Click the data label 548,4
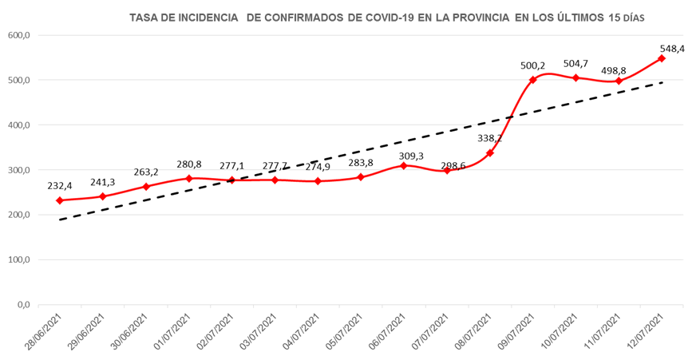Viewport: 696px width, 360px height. pos(672,49)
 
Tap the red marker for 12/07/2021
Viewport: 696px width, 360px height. pos(662,58)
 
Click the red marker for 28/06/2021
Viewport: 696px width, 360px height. pos(60,200)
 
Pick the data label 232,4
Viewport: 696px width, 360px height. pos(60,187)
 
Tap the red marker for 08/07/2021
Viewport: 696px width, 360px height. pos(489,152)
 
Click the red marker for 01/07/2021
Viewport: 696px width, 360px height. pos(189,179)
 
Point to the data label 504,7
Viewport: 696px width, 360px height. pos(576,64)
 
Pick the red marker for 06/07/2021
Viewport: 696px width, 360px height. pos(404,165)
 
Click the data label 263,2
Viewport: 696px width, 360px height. pos(146,172)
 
